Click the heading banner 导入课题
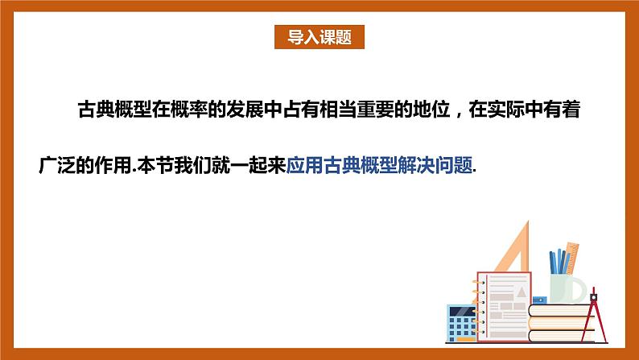click(319, 37)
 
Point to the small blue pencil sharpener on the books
click(538, 300)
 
